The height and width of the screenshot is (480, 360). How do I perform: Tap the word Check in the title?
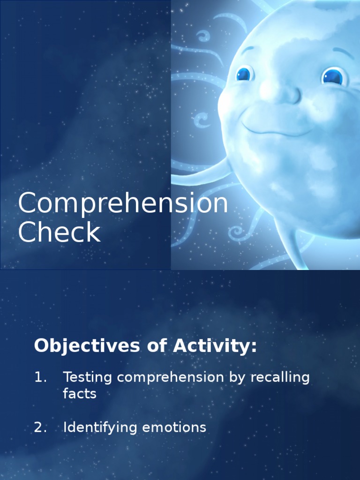point(59,233)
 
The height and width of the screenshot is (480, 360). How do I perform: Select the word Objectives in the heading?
point(87,346)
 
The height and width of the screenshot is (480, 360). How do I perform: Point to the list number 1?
point(40,377)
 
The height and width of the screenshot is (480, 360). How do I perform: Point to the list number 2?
point(41,427)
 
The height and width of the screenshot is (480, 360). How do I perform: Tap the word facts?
point(80,394)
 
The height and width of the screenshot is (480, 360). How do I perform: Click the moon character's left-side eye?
point(244,74)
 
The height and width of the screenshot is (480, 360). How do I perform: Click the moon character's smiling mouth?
point(277,127)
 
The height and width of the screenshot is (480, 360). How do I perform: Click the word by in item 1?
point(238,378)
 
